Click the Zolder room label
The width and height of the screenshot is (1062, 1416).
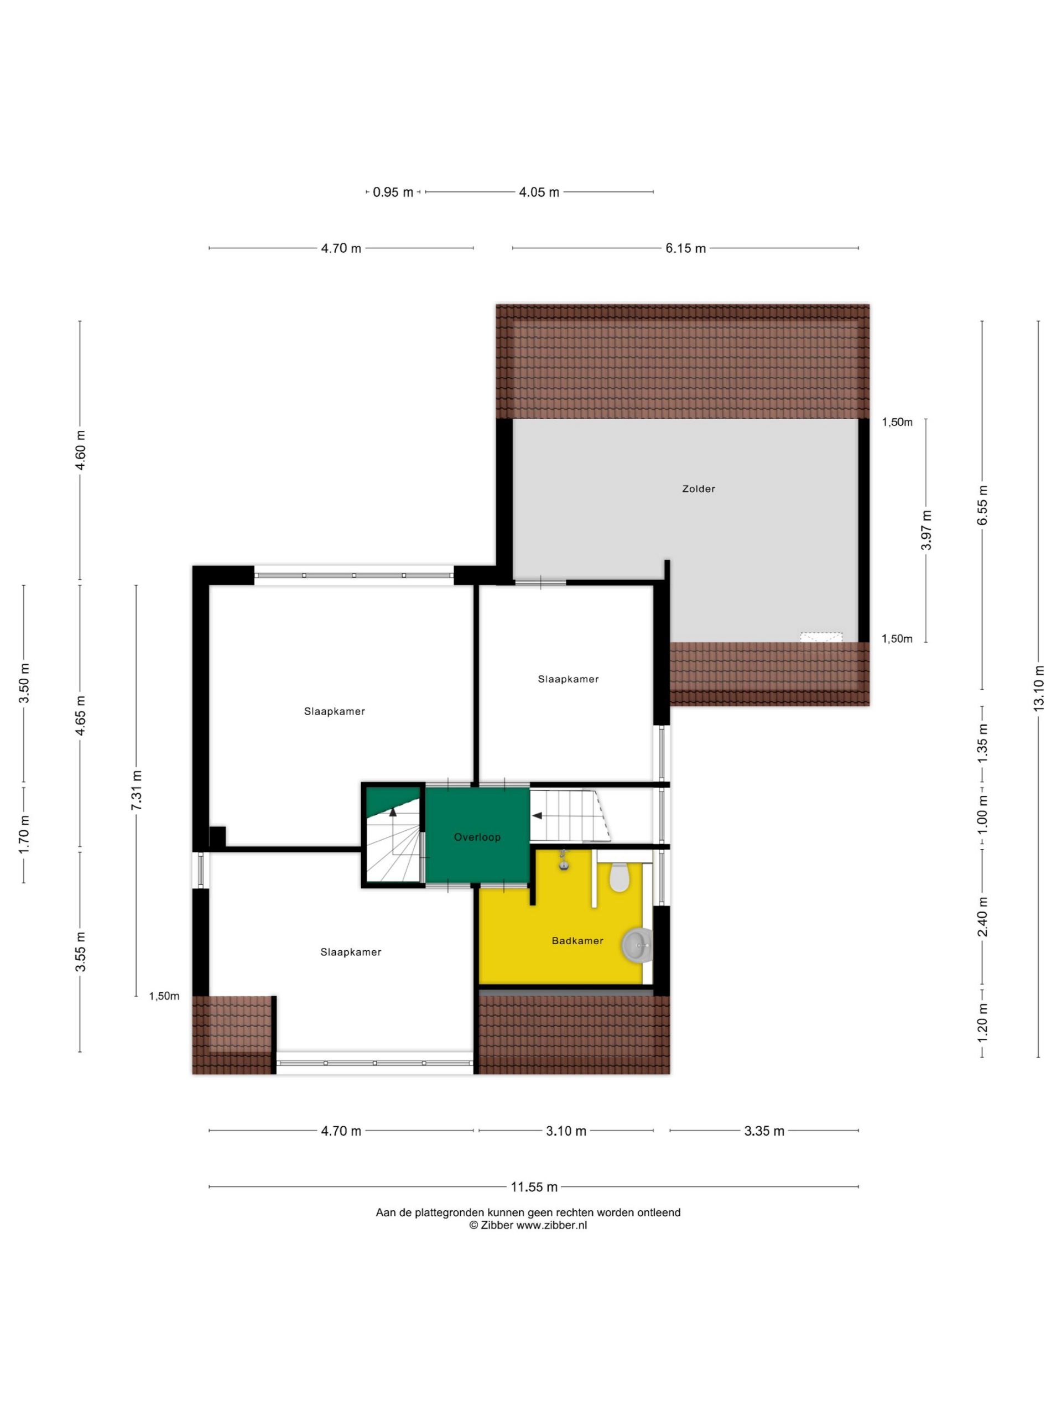(697, 489)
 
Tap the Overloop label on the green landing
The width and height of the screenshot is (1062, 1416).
(477, 837)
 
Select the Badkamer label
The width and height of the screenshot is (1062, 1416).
(577, 941)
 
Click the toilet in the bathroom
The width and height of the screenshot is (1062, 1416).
(619, 877)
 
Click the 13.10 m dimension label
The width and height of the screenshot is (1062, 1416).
(1038, 687)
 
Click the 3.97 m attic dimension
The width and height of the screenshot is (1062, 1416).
(925, 530)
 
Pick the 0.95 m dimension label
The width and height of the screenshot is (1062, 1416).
(393, 192)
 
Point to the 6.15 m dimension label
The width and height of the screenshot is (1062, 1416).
(685, 248)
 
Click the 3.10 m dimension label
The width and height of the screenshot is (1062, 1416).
(566, 1131)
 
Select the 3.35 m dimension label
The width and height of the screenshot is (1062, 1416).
(764, 1131)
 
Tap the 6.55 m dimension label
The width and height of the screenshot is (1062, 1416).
(982, 505)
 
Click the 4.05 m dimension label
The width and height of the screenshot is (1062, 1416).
(539, 192)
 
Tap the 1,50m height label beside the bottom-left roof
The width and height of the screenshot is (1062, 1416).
(164, 996)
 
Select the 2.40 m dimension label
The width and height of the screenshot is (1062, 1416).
(982, 917)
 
